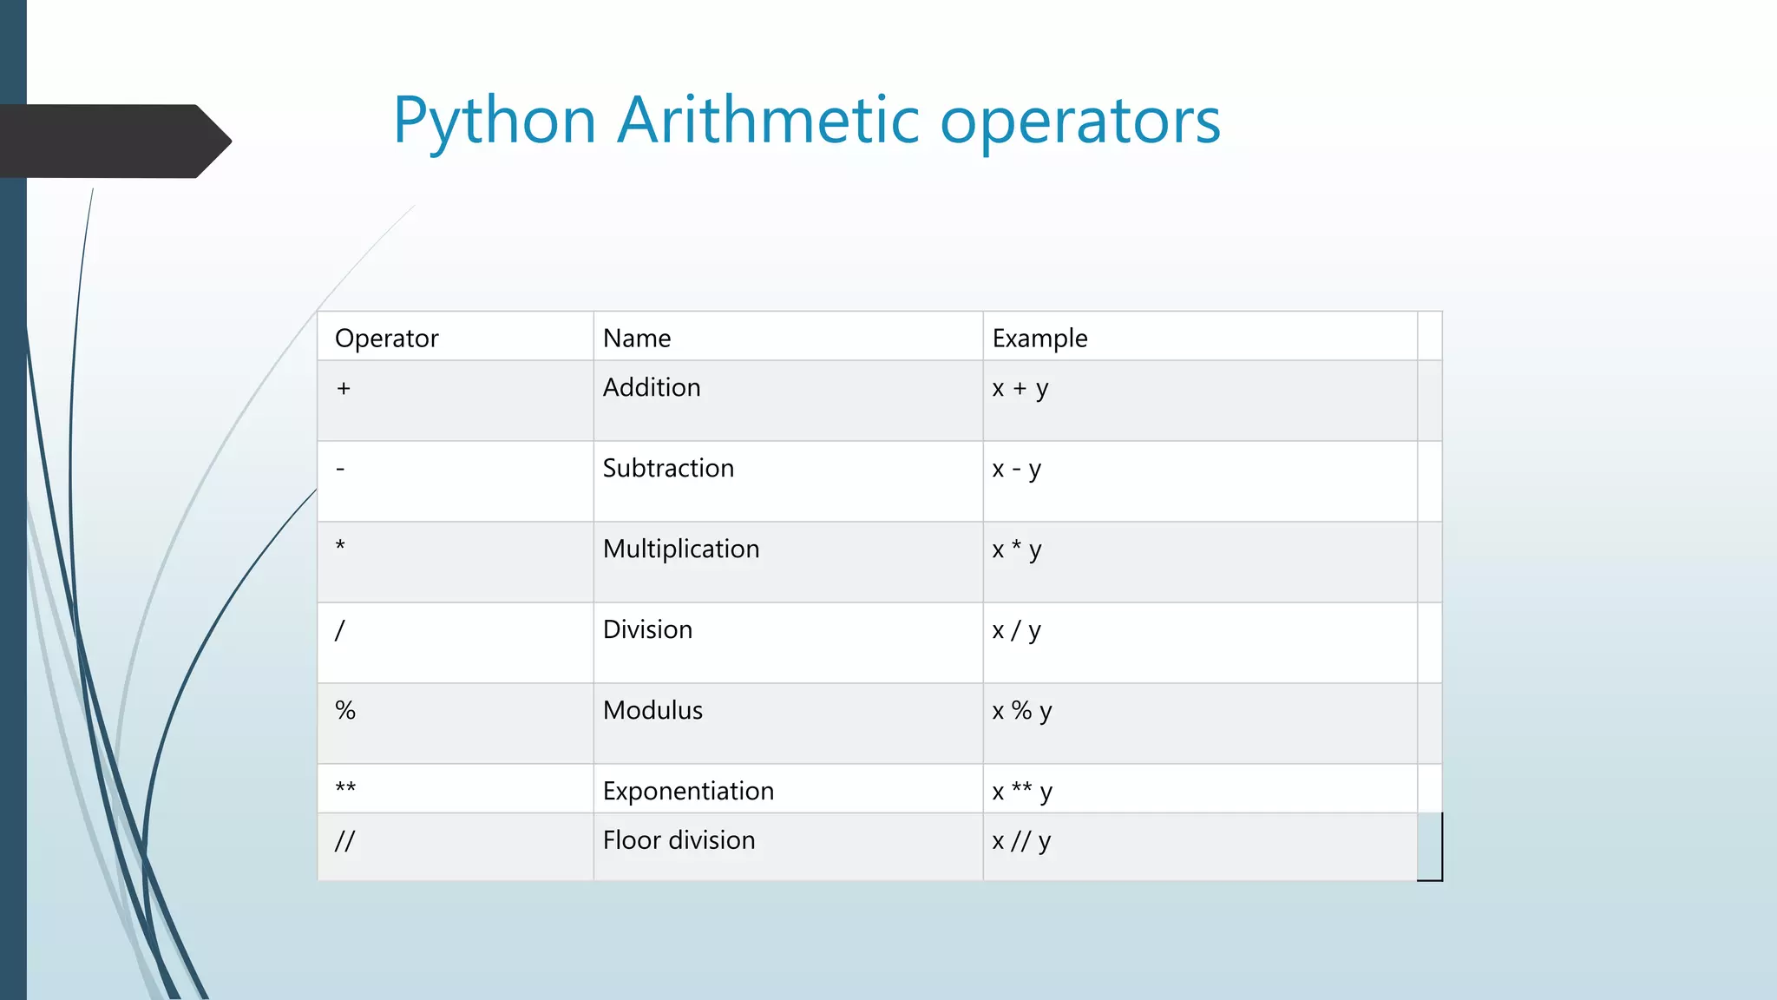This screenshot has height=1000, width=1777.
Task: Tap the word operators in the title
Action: tap(1080, 122)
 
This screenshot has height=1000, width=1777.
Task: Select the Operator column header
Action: tap(386, 338)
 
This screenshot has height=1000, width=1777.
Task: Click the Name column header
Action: tap(637, 338)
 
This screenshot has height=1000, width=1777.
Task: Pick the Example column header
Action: tap(1039, 338)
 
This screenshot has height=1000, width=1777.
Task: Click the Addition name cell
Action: tap(652, 387)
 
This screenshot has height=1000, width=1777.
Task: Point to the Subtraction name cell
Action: tap(668, 468)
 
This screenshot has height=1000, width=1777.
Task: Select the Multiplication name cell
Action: tap(681, 549)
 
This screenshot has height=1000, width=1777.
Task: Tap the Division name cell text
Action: tap(647, 629)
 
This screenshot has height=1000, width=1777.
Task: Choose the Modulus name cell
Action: tap(652, 710)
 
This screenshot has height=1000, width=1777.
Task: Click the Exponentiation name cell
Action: tap(688, 791)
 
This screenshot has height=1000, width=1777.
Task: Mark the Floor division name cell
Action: tap(679, 840)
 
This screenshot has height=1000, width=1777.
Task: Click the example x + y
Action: tap(1020, 388)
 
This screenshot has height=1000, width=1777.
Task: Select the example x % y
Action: tap(1022, 711)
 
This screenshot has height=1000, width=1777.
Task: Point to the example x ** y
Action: tap(1022, 791)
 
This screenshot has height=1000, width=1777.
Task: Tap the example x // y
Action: tap(1021, 840)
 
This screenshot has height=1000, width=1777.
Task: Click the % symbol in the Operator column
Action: tap(345, 710)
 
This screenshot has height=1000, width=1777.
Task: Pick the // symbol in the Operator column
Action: tap(344, 840)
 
